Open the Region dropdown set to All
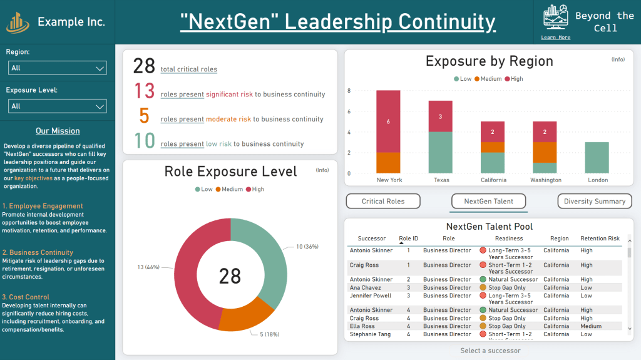pos(57,68)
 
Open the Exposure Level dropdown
pos(57,106)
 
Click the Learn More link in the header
pos(555,38)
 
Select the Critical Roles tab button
pos(383,202)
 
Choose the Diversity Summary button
pos(594,202)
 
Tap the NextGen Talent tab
pos(488,202)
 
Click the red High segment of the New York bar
pos(388,121)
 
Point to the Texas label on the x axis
pos(441,180)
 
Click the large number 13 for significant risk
pos(145,91)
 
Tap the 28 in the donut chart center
pos(230,275)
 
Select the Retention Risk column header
pos(600,239)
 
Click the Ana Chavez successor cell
pos(365,288)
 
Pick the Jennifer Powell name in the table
pos(370,296)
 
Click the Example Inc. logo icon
pos(18,22)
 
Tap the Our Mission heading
pos(58,131)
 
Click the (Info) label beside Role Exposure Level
pos(322,170)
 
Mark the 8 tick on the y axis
pos(349,91)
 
